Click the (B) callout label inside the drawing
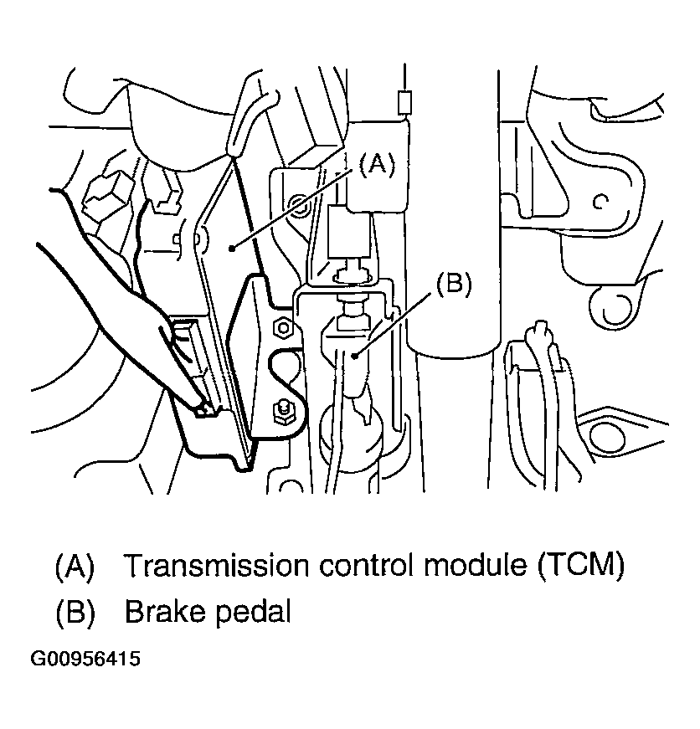[453, 284]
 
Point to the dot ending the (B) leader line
[355, 356]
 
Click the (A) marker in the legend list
[75, 566]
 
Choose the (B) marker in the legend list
[75, 612]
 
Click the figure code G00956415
[85, 659]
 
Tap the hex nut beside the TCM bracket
[282, 328]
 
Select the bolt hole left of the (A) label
[294, 203]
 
